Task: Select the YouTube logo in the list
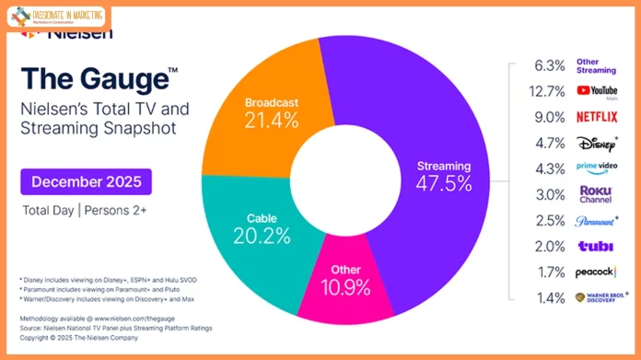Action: pyautogui.click(x=596, y=90)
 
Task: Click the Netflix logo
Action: pyautogui.click(x=596, y=117)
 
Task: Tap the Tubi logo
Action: pyautogui.click(x=594, y=247)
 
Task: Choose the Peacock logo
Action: pyautogui.click(x=596, y=273)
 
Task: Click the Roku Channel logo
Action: pyautogui.click(x=594, y=194)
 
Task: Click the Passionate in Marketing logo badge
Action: pyautogui.click(x=55, y=17)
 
